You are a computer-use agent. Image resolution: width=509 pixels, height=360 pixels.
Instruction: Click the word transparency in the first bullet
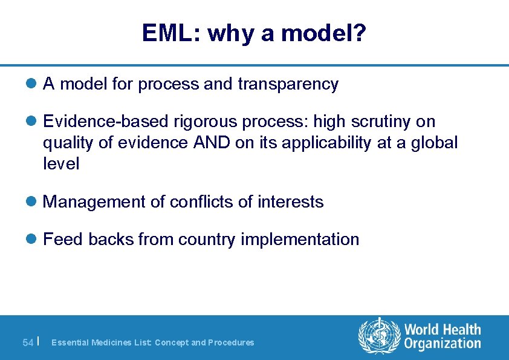coord(288,84)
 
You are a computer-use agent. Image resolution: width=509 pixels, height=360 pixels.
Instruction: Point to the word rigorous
coord(201,122)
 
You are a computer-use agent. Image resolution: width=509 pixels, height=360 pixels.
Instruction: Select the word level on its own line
coord(61,164)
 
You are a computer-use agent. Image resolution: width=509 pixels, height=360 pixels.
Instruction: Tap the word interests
coord(291,201)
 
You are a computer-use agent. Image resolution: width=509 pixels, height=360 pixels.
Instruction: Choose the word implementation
coord(300,240)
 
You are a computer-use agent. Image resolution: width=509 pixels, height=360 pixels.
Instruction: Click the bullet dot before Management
coord(34,201)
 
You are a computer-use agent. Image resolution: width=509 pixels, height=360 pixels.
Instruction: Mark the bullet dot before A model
coord(34,84)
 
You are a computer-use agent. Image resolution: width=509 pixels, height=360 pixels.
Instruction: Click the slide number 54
coord(28,342)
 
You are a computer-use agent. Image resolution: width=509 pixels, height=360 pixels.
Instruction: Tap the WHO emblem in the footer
coord(379,336)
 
